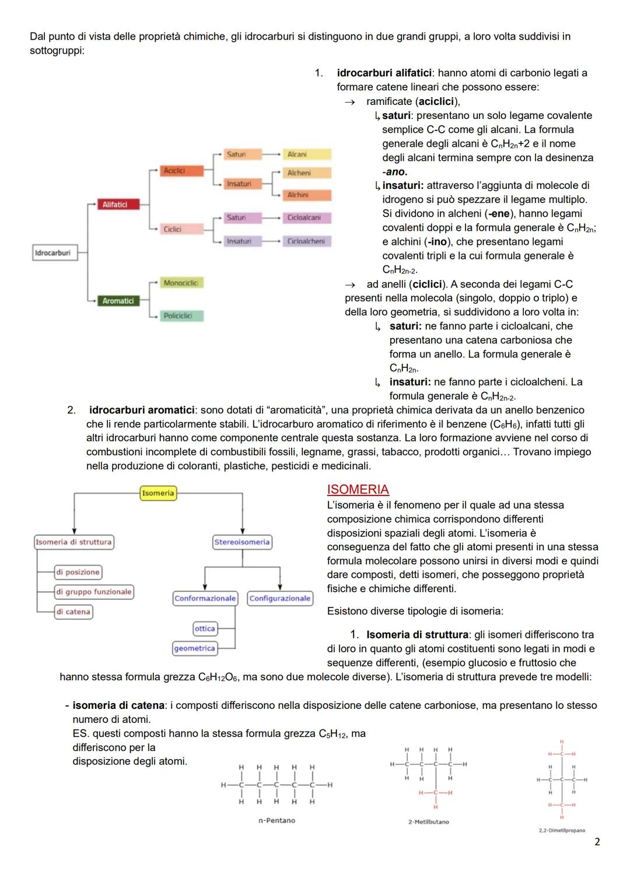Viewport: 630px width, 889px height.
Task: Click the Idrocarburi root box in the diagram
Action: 52,253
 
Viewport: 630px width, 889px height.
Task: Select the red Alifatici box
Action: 115,205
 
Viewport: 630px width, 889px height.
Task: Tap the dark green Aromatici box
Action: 118,301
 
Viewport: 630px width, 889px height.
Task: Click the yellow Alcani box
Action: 307,154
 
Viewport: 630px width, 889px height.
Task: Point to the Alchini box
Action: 307,195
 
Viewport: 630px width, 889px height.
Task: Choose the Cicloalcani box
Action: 307,217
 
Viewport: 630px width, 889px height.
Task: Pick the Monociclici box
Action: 181,283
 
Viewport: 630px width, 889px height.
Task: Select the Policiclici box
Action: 181,316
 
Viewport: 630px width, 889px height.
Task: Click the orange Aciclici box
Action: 182,171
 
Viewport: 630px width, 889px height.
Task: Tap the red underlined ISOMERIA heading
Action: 358,490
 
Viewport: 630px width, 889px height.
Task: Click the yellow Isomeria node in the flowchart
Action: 158,493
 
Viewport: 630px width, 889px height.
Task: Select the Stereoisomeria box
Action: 242,542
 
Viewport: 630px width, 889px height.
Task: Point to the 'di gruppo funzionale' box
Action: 94,592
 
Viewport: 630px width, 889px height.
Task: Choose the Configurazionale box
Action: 280,598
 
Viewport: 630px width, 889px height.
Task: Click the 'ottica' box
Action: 205,628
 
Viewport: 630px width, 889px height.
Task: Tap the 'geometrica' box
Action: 194,648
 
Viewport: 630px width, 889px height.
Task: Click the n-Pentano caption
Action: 276,820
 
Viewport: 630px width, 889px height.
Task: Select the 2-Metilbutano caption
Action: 429,822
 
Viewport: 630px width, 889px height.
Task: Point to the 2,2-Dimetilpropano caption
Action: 561,830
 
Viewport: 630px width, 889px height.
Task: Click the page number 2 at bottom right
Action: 597,842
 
